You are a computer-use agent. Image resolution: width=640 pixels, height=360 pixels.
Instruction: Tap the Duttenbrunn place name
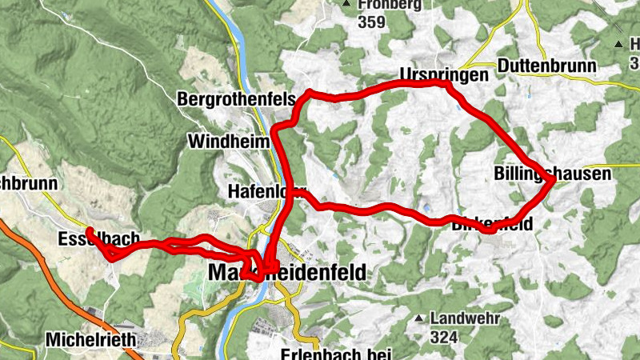(546, 65)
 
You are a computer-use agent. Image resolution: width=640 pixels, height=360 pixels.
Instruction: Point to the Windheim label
(228, 141)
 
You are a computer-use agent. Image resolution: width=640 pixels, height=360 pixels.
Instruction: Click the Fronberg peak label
(390, 4)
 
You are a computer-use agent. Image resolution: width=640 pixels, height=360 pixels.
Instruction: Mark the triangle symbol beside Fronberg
(346, 5)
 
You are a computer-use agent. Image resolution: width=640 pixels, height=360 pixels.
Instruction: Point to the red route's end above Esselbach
(89, 231)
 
